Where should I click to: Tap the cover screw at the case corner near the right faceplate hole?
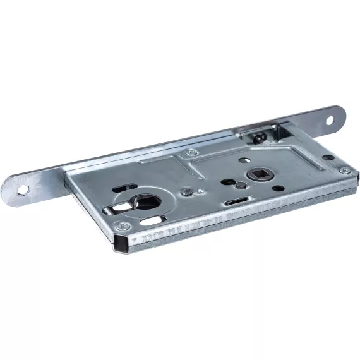tap(343, 170)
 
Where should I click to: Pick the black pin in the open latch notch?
tap(261, 136)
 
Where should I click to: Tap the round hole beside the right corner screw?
tap(328, 157)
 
